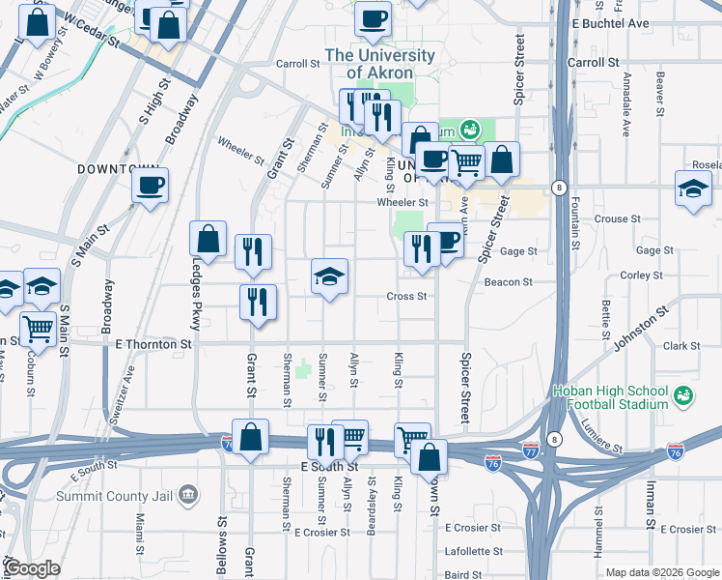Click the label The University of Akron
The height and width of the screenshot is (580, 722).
[x=379, y=64]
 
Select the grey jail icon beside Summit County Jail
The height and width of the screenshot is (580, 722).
[x=188, y=495]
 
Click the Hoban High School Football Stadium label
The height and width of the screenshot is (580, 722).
[x=609, y=397]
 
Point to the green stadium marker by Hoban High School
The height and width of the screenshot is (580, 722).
[x=683, y=396]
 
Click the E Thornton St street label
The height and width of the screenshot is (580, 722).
[x=153, y=343]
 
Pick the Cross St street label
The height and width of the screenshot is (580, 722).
[x=406, y=297]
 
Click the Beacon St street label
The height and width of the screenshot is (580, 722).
[x=514, y=282]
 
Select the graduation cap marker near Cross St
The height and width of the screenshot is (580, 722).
[x=329, y=277]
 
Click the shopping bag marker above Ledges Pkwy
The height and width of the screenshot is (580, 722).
[x=208, y=239]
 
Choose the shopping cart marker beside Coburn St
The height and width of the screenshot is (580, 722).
[x=39, y=329]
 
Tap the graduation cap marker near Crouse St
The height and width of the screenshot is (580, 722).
[x=693, y=188]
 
